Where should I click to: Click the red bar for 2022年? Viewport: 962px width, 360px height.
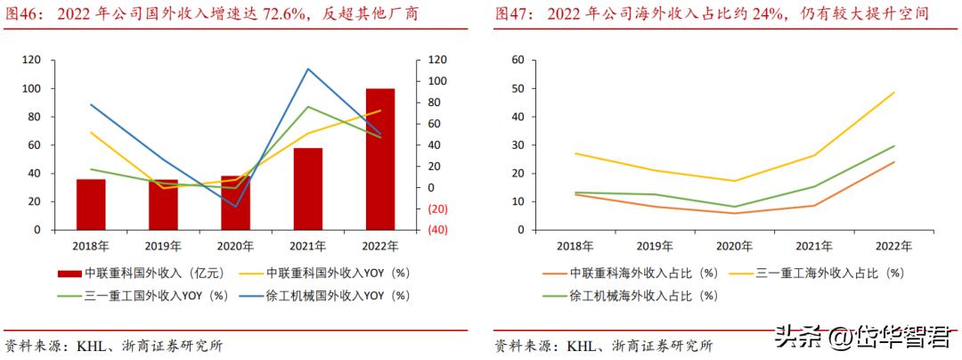pyautogui.click(x=380, y=159)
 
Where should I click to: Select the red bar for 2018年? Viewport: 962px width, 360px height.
pyautogui.click(x=91, y=204)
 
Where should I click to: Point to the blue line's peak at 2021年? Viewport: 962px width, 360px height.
pyautogui.click(x=308, y=69)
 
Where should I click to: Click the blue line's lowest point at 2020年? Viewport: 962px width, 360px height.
pyautogui.click(x=236, y=207)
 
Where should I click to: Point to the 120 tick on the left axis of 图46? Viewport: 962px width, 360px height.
pyautogui.click(x=32, y=60)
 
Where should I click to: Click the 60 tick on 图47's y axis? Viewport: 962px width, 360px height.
pyautogui.click(x=517, y=60)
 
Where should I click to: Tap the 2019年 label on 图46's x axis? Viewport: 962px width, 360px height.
pyautogui.click(x=163, y=245)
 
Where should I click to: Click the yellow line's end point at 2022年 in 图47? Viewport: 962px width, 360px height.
pyautogui.click(x=893, y=93)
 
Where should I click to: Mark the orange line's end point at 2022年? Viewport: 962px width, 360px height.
pyautogui.click(x=893, y=162)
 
